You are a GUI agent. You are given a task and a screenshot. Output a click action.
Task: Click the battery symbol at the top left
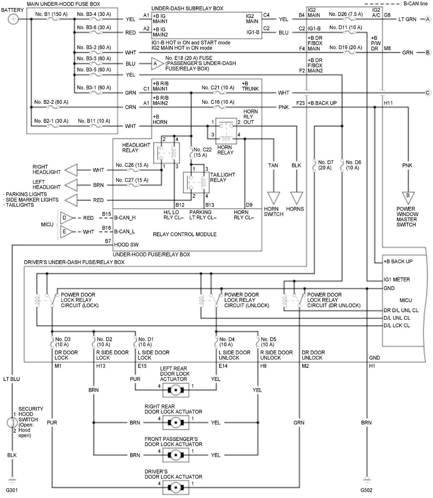(13, 19)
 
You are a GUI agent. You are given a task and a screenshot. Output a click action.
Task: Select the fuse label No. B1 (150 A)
(52, 14)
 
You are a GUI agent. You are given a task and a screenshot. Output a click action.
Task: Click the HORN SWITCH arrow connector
(274, 198)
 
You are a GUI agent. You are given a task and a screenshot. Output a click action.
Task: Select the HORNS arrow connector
(296, 198)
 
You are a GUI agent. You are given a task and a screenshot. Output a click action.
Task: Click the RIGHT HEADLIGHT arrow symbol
(71, 170)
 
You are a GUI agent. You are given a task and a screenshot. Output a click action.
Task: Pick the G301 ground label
(12, 490)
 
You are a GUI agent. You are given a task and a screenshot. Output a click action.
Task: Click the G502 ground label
(366, 490)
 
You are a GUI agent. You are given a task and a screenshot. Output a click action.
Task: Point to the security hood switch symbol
(12, 422)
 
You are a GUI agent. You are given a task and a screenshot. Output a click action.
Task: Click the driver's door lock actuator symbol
(175, 488)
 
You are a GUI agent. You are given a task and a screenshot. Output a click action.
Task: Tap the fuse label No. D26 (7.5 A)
(346, 14)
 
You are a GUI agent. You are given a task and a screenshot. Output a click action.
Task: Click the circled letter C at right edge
(428, 93)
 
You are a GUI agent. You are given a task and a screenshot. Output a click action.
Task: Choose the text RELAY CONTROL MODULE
(185, 234)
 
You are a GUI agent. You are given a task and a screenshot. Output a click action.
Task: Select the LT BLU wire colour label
(12, 379)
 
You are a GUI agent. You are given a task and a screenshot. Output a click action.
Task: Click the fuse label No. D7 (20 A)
(325, 165)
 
